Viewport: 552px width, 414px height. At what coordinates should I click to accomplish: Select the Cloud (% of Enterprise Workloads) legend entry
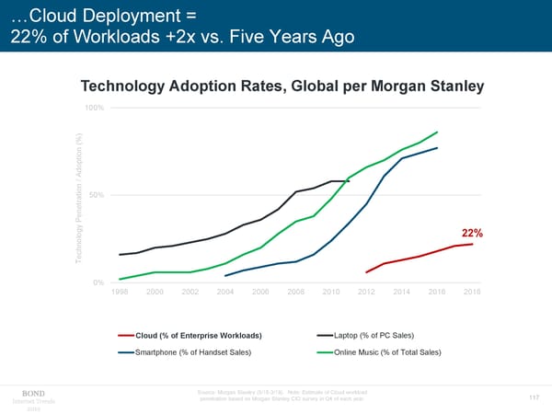click(198, 335)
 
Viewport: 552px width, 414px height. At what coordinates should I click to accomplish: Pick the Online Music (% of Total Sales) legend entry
click(387, 352)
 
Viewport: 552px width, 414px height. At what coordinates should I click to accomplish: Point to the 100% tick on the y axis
click(95, 109)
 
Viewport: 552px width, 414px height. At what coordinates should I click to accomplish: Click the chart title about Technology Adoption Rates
click(282, 86)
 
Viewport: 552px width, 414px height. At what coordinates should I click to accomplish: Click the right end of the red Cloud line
click(472, 244)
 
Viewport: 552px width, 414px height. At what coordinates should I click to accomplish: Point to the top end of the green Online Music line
click(437, 132)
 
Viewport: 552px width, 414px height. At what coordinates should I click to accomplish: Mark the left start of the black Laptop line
click(120, 255)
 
